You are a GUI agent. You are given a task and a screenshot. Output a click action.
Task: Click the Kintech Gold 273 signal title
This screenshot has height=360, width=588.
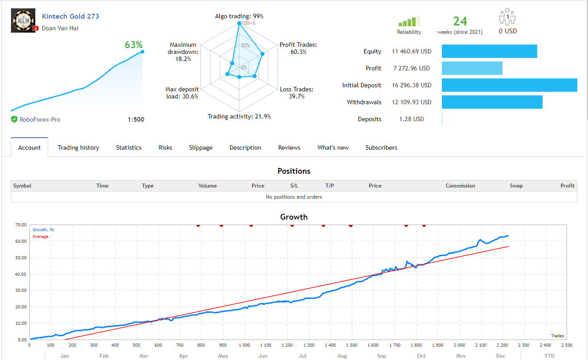click(70, 16)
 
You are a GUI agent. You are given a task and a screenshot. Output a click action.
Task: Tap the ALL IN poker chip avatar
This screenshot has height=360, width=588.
click(21, 20)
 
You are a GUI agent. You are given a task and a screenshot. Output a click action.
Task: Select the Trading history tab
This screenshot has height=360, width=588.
click(78, 147)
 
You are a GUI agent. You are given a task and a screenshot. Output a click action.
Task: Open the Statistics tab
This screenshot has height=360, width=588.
click(129, 147)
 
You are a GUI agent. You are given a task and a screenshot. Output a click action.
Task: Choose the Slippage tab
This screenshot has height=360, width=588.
click(200, 147)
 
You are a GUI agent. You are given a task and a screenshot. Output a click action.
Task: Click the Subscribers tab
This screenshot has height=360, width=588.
click(381, 147)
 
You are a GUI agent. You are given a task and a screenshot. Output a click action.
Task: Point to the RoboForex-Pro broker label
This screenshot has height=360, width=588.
click(40, 119)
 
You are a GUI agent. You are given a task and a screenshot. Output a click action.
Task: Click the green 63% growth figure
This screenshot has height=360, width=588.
click(134, 45)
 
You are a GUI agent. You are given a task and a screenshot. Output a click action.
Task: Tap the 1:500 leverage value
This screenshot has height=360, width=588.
click(135, 119)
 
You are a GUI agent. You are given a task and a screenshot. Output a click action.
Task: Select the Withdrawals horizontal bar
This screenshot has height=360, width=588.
click(492, 102)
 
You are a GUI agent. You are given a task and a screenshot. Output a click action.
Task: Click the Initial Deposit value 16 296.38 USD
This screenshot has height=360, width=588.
click(412, 85)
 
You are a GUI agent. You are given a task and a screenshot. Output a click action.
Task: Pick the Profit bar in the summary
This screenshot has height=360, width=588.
click(472, 68)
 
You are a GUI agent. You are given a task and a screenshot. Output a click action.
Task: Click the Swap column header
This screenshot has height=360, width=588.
click(516, 186)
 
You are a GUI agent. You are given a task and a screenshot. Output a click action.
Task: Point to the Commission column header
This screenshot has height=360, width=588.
click(460, 186)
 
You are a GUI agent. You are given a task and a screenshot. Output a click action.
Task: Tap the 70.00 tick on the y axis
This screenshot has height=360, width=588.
click(20, 225)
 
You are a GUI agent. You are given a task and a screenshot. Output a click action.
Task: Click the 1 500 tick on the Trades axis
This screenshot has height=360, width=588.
click(352, 345)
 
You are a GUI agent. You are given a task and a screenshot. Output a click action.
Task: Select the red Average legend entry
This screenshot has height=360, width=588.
click(40, 237)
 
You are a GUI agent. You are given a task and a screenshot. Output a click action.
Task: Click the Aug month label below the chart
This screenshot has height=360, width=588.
click(342, 356)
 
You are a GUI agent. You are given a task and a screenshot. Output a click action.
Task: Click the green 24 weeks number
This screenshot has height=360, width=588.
click(460, 21)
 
